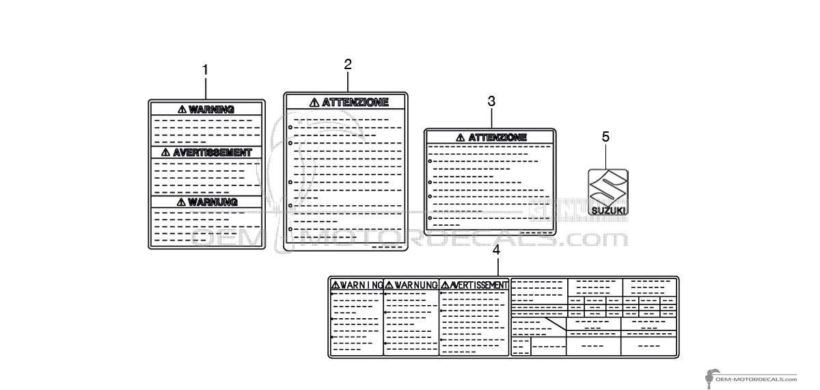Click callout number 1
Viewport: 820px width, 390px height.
tap(206, 70)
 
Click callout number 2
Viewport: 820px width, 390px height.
tap(348, 64)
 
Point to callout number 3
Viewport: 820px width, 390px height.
tap(491, 101)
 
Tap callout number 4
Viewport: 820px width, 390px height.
tap(496, 250)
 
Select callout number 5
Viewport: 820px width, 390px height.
tap(606, 137)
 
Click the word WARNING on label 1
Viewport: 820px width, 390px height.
tap(211, 109)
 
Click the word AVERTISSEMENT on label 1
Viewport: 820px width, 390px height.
tap(213, 153)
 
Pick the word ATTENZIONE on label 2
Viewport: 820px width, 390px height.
tap(355, 102)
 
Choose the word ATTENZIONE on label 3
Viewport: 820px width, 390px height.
tap(497, 138)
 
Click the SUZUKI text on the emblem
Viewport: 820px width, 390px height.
tap(608, 211)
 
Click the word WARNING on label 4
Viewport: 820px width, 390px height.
tap(361, 285)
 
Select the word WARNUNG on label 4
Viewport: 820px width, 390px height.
tap(416, 285)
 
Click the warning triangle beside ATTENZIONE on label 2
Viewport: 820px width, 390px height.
tap(314, 103)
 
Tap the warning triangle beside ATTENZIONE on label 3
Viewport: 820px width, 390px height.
tap(460, 138)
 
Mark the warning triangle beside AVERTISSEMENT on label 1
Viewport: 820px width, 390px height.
tap(165, 152)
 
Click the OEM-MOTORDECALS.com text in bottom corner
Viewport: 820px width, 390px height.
tap(756, 379)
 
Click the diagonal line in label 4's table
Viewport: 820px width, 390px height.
tap(556, 324)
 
